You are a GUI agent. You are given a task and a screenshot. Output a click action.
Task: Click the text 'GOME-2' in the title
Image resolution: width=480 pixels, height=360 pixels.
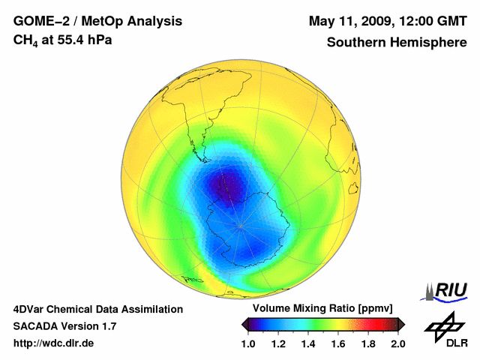[38, 21]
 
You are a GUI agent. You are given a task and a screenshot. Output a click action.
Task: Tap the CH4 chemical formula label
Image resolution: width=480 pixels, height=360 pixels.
[24, 40]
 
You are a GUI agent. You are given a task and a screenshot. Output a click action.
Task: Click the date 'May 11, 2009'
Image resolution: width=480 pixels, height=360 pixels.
[351, 21]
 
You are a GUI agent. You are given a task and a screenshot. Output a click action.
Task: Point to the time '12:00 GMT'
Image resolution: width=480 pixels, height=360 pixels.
[433, 21]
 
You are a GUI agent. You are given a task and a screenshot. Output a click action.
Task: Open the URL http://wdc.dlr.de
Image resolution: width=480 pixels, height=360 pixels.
[54, 343]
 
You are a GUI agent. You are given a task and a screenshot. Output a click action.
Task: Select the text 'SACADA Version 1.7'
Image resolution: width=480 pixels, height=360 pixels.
[64, 326]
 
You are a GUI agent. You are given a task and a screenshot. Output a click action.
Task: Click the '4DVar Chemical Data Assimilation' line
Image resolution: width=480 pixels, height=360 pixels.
[98, 309]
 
